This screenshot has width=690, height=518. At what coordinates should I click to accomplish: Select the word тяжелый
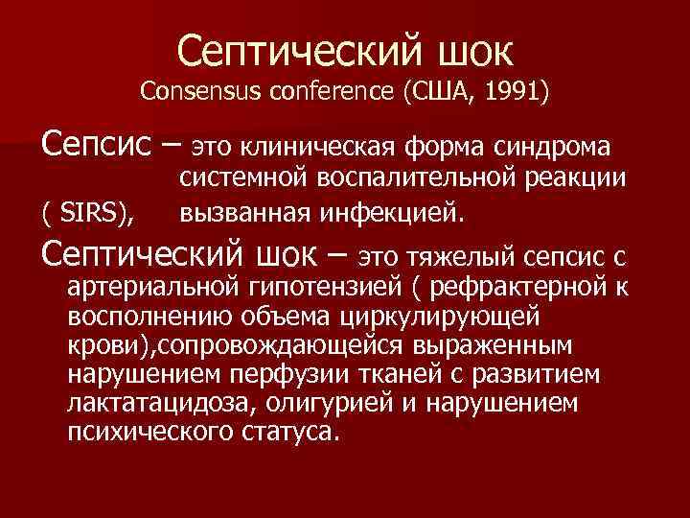pos(476,255)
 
